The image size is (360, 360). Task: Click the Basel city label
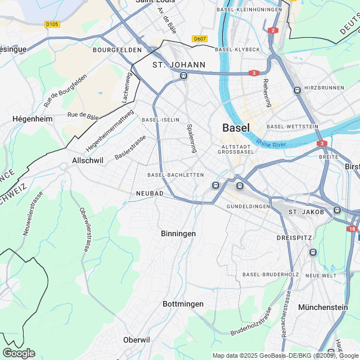point(236,128)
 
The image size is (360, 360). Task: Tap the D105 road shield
point(52,24)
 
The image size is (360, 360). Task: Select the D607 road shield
point(200,39)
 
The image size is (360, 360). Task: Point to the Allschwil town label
point(88,160)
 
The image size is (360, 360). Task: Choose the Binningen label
point(178,233)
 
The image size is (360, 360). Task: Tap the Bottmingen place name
point(183,304)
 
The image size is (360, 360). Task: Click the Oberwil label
point(137,340)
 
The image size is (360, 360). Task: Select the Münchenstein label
point(323,307)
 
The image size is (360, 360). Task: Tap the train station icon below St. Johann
point(183,75)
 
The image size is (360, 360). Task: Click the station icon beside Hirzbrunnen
point(296,90)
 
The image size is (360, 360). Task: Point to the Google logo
point(19,353)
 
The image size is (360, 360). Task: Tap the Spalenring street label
point(192,138)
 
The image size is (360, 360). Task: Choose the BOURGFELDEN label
point(117,50)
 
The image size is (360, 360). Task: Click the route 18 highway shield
point(352,229)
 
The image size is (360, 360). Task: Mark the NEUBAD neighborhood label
point(150,193)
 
